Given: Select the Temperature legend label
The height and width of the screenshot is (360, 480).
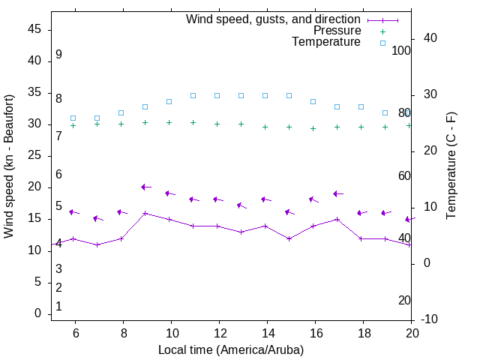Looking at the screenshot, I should [326, 42].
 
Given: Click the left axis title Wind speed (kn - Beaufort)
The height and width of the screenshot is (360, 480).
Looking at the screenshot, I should [9, 166].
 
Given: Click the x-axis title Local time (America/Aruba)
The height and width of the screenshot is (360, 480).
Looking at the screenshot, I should [231, 349].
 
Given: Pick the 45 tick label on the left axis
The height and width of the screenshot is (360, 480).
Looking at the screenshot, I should [34, 30].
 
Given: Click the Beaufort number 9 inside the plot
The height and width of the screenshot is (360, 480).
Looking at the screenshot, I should [58, 55].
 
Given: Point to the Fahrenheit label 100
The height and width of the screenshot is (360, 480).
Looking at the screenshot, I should [401, 50].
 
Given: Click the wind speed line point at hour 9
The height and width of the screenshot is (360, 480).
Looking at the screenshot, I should [145, 213].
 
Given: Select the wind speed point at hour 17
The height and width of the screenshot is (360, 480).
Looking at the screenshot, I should [337, 219].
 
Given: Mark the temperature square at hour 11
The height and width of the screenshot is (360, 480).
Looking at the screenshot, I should [193, 95].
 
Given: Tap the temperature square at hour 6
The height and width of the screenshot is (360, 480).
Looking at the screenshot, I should [73, 118].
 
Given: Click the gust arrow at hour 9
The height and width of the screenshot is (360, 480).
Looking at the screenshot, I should [145, 187].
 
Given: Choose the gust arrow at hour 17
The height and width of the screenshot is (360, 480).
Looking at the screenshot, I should [337, 193].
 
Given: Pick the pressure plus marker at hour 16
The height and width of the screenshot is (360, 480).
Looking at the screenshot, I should [313, 128].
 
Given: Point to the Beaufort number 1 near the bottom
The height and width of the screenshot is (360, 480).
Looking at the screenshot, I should [58, 307].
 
